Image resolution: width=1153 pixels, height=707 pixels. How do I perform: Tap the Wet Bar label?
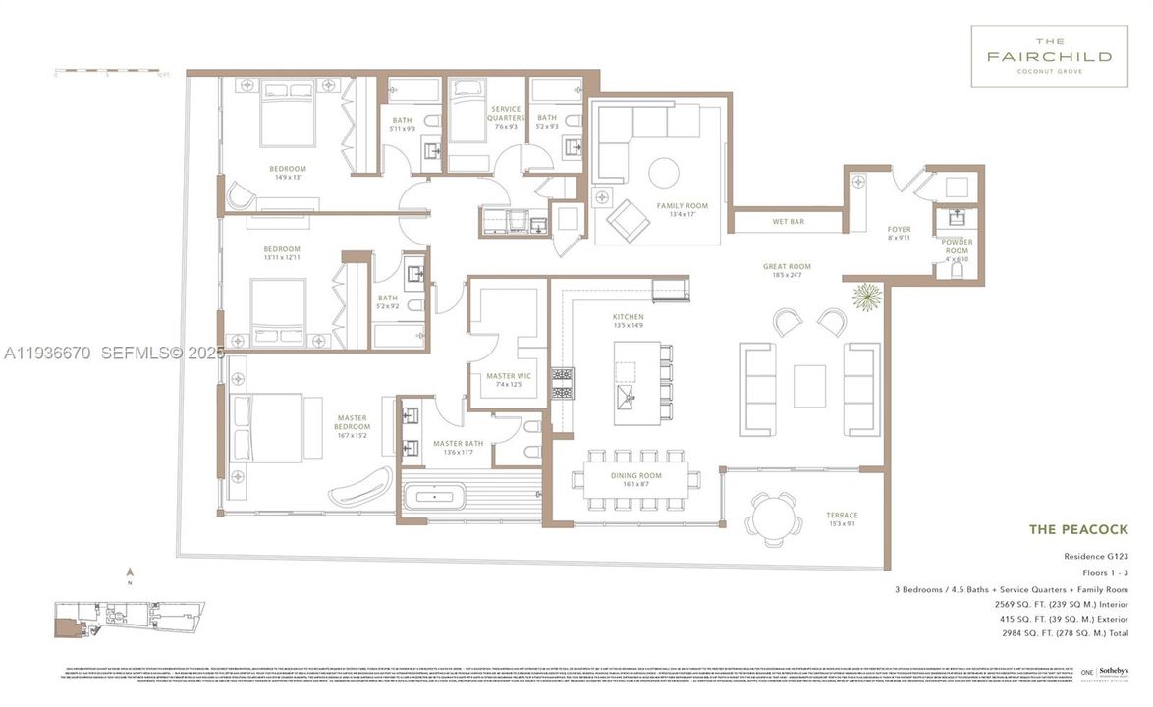click(788, 222)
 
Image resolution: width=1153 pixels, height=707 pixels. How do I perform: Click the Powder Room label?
click(957, 246)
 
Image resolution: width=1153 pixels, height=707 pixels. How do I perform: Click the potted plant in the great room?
click(866, 297)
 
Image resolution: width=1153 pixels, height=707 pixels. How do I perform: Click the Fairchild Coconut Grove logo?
click(1049, 56)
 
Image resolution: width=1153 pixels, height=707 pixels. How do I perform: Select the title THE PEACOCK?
click(1078, 530)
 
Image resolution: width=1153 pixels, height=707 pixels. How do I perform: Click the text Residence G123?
click(1096, 556)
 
